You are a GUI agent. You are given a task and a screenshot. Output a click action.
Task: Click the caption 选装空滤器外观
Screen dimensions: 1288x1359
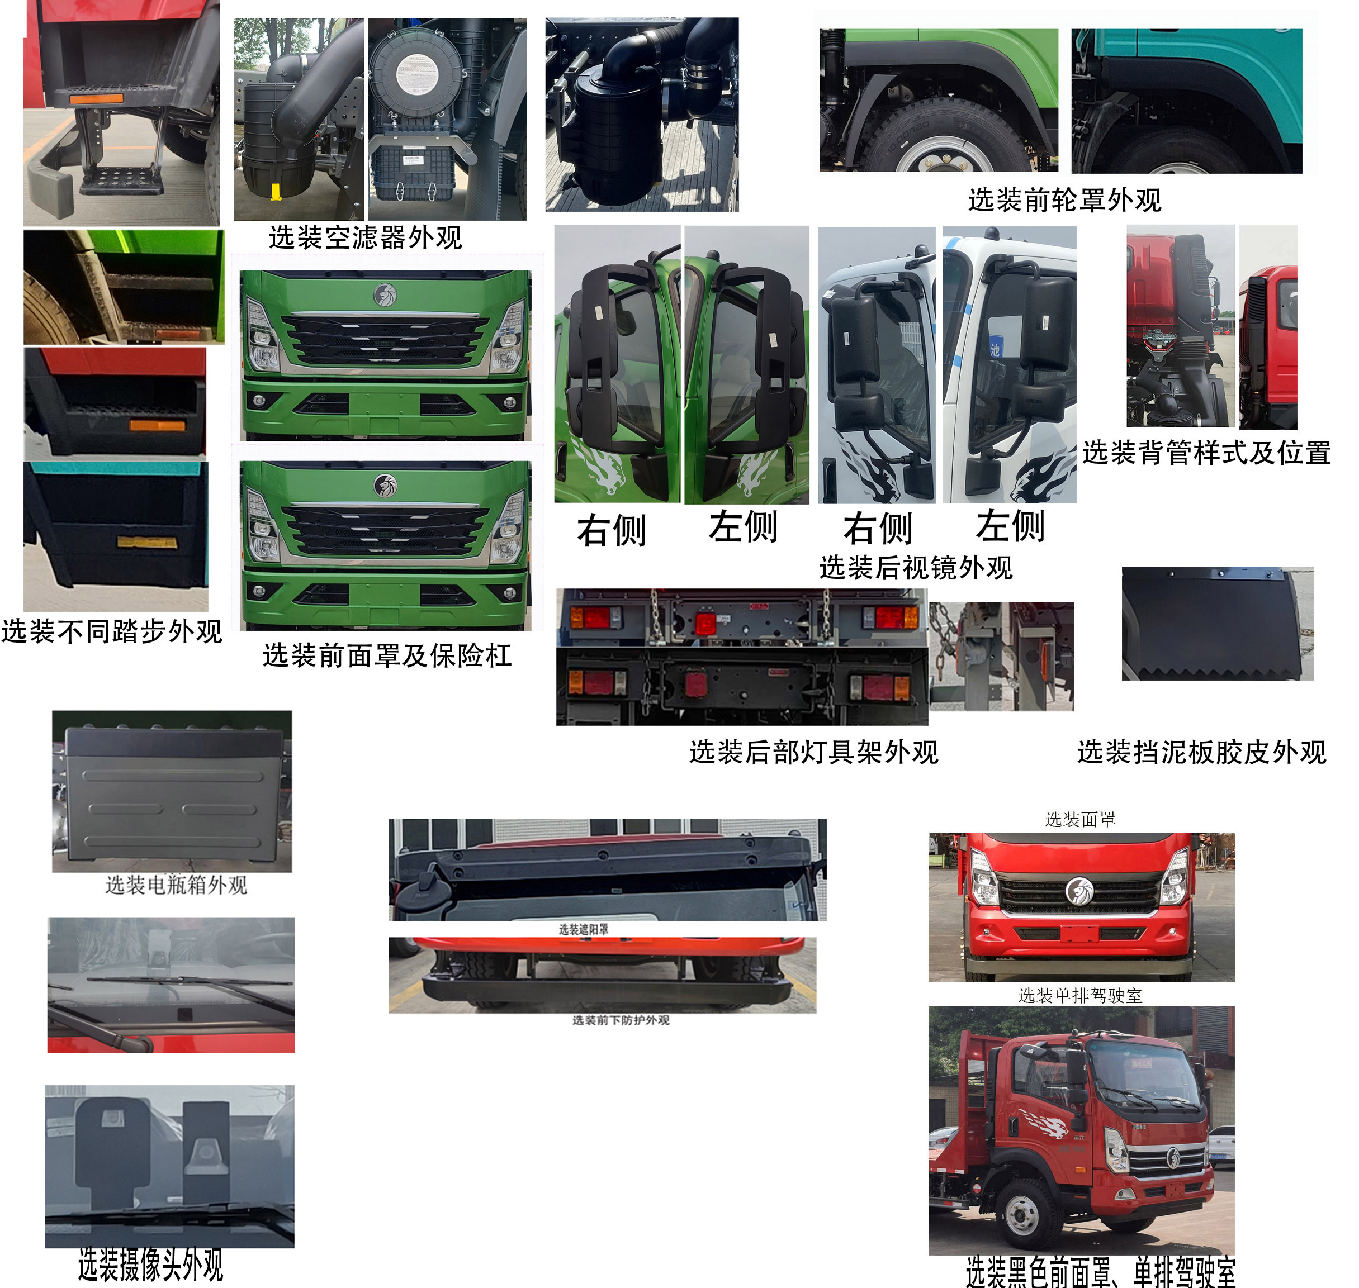click(x=366, y=237)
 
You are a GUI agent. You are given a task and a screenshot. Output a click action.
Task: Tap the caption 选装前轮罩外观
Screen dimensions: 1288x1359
click(x=1064, y=201)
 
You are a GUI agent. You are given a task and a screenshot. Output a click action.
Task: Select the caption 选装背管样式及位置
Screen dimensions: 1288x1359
click(x=1206, y=453)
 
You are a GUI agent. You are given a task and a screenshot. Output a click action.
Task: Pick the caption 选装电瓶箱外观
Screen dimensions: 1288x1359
click(x=177, y=885)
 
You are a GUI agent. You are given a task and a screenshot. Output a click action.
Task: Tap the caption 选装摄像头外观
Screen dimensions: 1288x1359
click(x=151, y=1265)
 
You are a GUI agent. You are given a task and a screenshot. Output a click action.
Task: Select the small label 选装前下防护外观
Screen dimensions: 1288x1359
click(x=621, y=1020)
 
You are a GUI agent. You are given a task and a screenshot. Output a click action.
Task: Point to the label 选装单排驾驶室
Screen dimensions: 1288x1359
click(x=1080, y=996)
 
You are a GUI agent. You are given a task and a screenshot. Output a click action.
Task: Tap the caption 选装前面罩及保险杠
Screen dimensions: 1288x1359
click(x=387, y=655)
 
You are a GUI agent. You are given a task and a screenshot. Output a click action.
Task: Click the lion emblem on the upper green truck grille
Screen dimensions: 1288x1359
click(x=385, y=294)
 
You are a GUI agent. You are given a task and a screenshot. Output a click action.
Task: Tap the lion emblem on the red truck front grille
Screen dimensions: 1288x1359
click(x=1079, y=891)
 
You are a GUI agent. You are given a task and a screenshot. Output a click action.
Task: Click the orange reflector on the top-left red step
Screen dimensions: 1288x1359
click(x=96, y=98)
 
